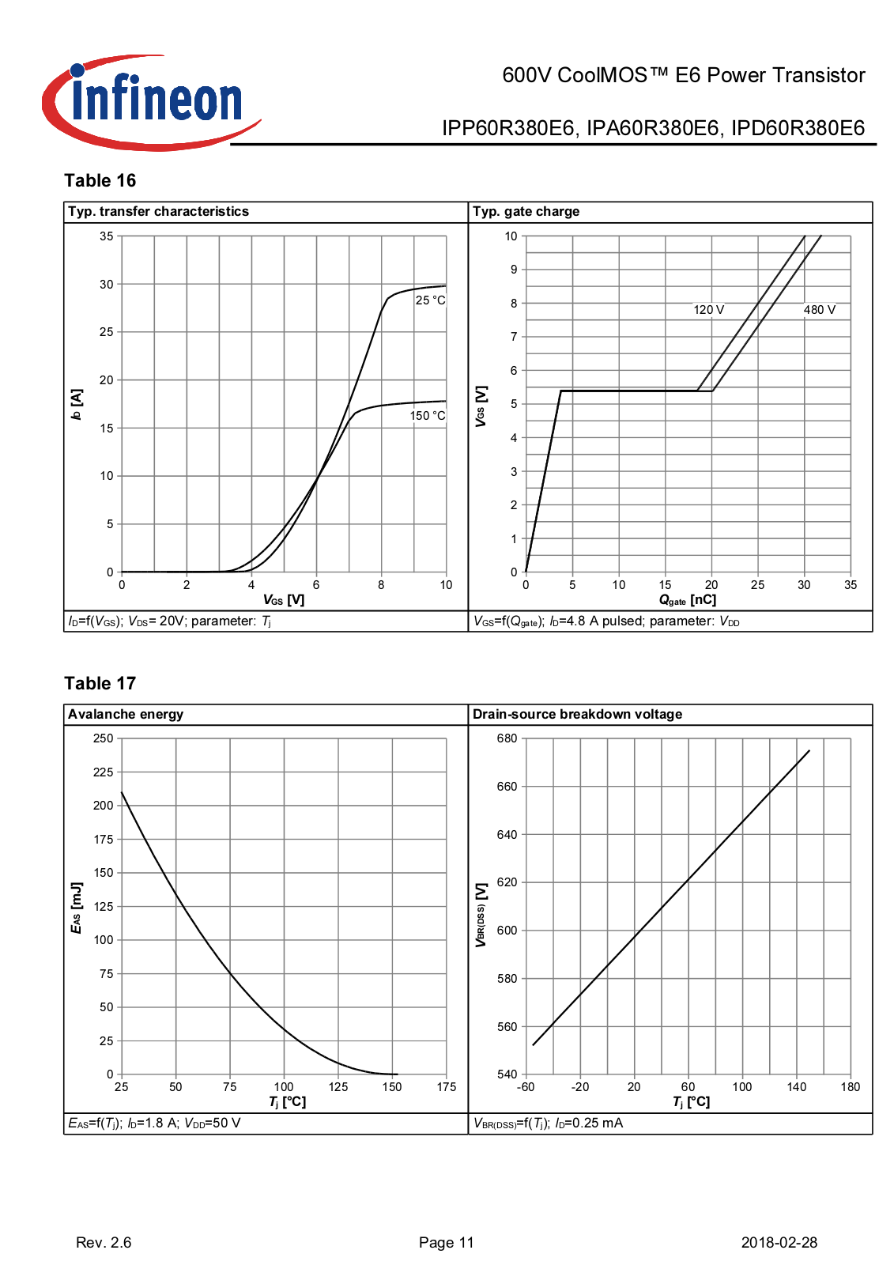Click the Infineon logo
(x=150, y=103)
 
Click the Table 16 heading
(x=100, y=181)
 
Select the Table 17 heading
(x=100, y=684)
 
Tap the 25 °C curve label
(x=431, y=300)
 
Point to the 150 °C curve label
(x=428, y=416)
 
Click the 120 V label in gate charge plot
(x=709, y=310)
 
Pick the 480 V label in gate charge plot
(x=820, y=310)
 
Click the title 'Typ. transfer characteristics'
(x=159, y=212)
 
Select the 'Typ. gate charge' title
(x=526, y=212)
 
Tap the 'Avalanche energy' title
(x=126, y=715)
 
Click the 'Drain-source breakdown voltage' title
(x=578, y=715)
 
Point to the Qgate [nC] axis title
(x=688, y=601)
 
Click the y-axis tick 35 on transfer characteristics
(x=107, y=236)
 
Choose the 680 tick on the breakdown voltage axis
(x=507, y=738)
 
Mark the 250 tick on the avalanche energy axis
(x=104, y=738)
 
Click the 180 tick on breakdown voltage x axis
(x=851, y=1087)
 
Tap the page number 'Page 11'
(x=447, y=1243)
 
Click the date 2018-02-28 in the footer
(x=779, y=1243)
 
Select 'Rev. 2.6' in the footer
(x=104, y=1243)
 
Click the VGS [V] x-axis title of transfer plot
(x=284, y=601)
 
